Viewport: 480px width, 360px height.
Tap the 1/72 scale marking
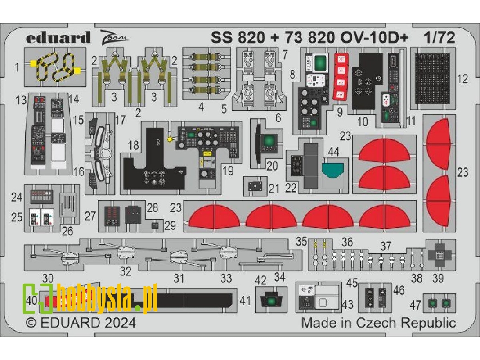pos(439,38)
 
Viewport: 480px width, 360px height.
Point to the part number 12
pos(462,79)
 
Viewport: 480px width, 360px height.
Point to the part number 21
pos(274,188)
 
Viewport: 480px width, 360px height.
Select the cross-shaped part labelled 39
pos(440,255)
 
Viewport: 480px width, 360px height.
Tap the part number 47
pos(415,305)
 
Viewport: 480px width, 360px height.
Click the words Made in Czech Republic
pos(378,323)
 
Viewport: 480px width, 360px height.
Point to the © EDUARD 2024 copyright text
pos(81,323)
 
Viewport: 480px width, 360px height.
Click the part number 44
pos(333,153)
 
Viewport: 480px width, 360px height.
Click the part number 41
pos(245,301)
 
